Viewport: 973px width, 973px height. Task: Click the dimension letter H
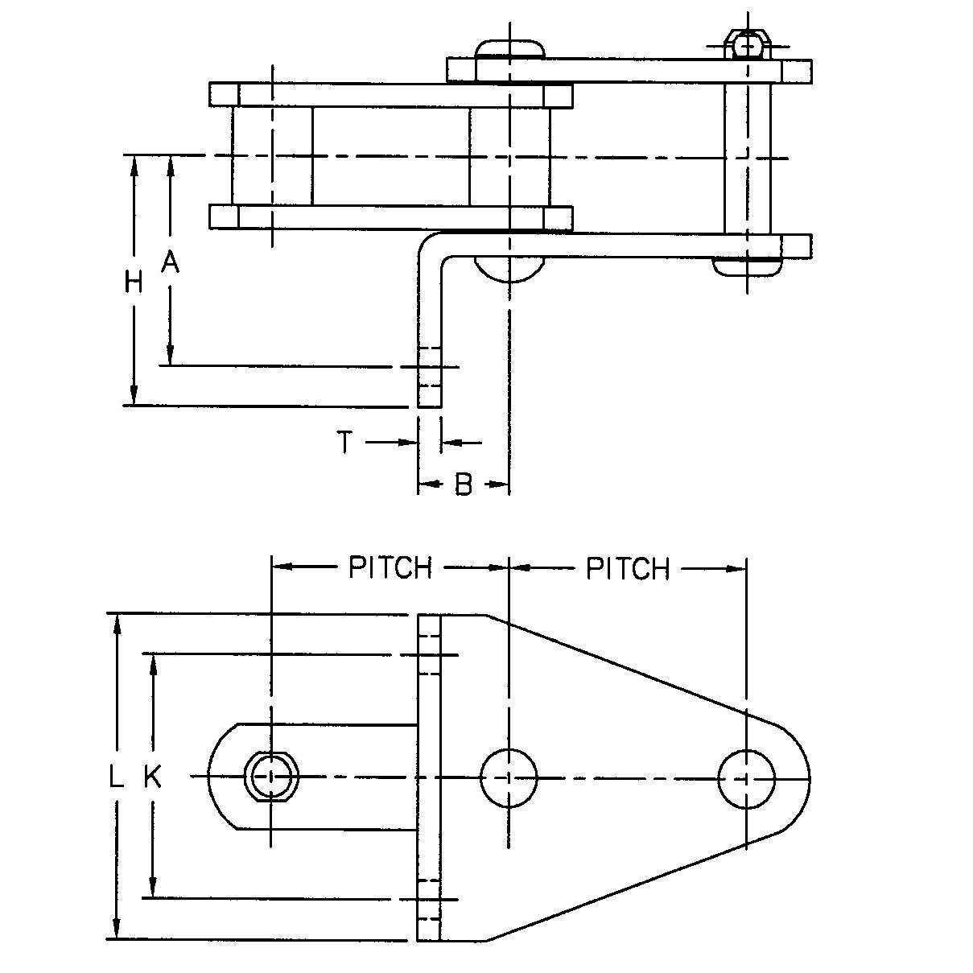(134, 282)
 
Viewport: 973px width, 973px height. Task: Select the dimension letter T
(344, 442)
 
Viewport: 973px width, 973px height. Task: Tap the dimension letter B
(463, 484)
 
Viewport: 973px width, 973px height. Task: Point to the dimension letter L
(117, 777)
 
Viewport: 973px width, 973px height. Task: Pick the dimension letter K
(152, 777)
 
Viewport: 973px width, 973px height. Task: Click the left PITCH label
(390, 568)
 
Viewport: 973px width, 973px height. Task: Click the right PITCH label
(628, 569)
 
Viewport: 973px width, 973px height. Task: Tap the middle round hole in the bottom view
(508, 777)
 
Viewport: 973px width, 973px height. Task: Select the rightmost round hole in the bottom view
(746, 777)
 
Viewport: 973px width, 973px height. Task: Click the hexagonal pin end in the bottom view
(273, 777)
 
